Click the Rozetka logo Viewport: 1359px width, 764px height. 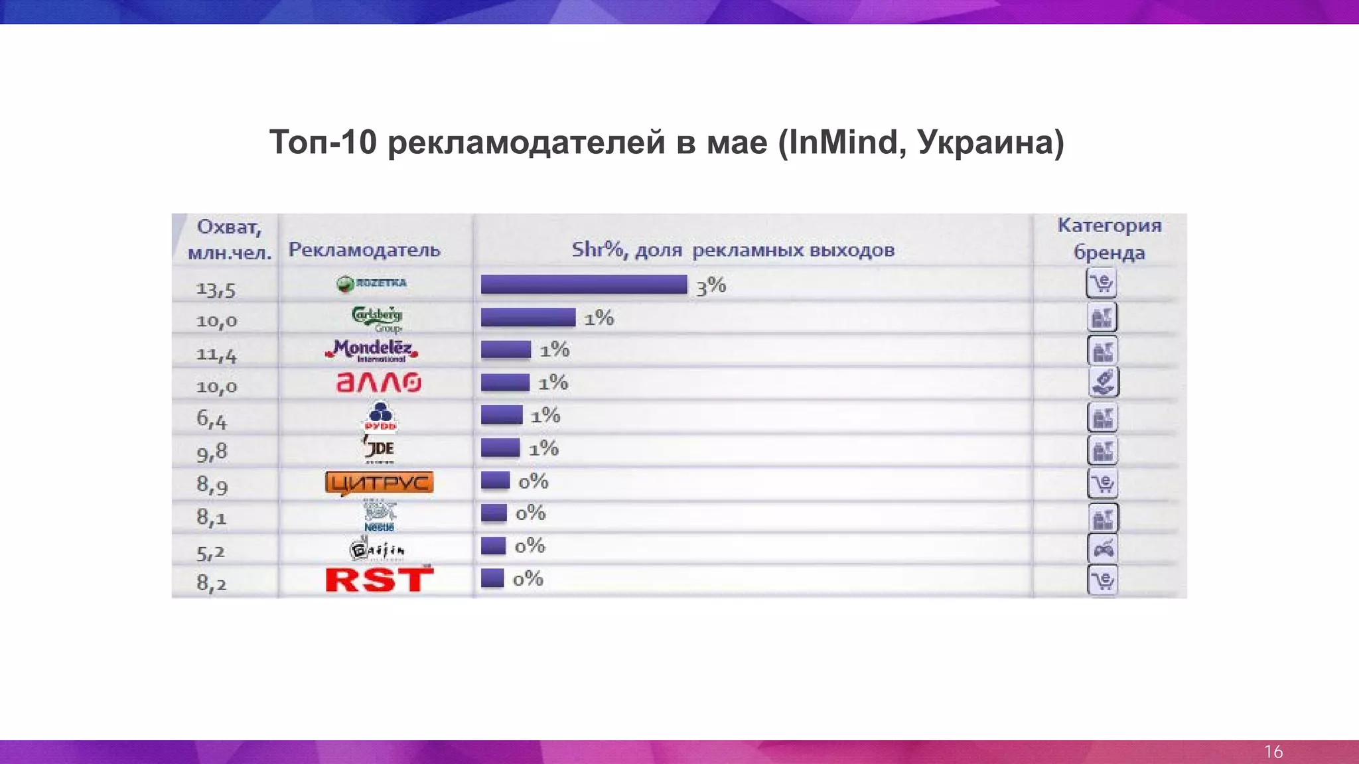372,284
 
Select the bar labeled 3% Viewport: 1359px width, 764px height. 584,285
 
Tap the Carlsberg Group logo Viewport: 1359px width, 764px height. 377,318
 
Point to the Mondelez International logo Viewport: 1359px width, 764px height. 372,350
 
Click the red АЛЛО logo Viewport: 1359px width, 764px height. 378,383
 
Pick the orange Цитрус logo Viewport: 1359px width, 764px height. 379,483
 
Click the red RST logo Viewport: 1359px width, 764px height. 379,580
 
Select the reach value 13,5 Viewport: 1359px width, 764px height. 216,290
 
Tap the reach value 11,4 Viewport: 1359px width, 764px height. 216,355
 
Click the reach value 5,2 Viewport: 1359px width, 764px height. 211,552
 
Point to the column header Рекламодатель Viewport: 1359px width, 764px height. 364,250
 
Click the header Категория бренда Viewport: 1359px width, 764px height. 1109,239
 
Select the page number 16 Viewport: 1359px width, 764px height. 1273,751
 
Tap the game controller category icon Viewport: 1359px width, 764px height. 1103,548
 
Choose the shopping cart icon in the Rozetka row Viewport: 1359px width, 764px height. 1102,283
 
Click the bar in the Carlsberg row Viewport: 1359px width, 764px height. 528,318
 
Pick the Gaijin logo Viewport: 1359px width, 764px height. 377,549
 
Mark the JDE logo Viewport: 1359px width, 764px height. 380,449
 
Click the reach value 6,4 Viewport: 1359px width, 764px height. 212,419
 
